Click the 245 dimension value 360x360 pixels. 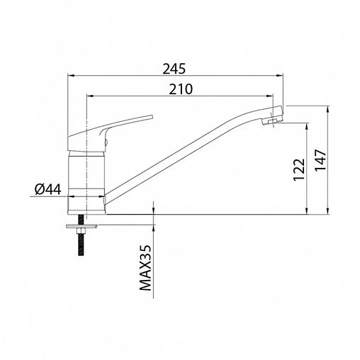(x=174, y=69)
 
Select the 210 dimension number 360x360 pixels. (x=181, y=89)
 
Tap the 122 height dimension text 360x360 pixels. (x=299, y=169)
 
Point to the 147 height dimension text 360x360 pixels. (x=320, y=159)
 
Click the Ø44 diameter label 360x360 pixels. (x=48, y=189)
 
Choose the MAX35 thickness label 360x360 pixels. (x=145, y=268)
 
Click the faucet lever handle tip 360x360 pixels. (x=152, y=117)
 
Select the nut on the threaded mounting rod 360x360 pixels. (x=81, y=231)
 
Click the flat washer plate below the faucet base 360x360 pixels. (x=81, y=226)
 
